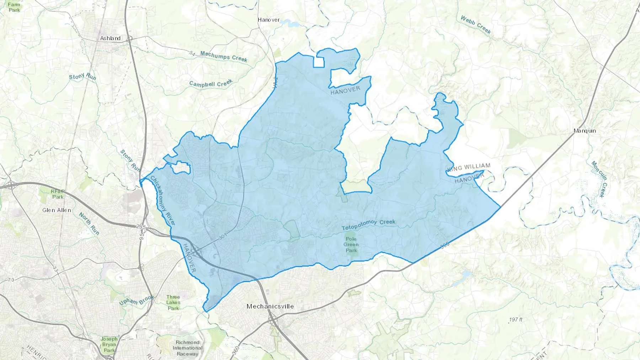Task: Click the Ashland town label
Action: [110, 38]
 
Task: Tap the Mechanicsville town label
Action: [270, 306]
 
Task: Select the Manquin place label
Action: [585, 131]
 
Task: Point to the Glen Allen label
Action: [57, 210]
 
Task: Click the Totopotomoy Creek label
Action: [368, 225]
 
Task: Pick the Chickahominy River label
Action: [163, 200]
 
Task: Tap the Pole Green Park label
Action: [351, 245]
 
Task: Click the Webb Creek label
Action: [476, 25]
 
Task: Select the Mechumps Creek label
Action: [223, 56]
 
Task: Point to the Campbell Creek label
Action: [210, 84]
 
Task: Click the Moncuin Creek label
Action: [600, 179]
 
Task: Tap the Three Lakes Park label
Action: [173, 302]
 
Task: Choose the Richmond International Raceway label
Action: [187, 348]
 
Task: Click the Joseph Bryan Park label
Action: [109, 344]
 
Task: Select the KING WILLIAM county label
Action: [469, 167]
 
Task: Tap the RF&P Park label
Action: [57, 194]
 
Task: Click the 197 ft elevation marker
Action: [515, 319]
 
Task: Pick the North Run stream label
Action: [89, 223]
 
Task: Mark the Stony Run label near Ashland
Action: [82, 76]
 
